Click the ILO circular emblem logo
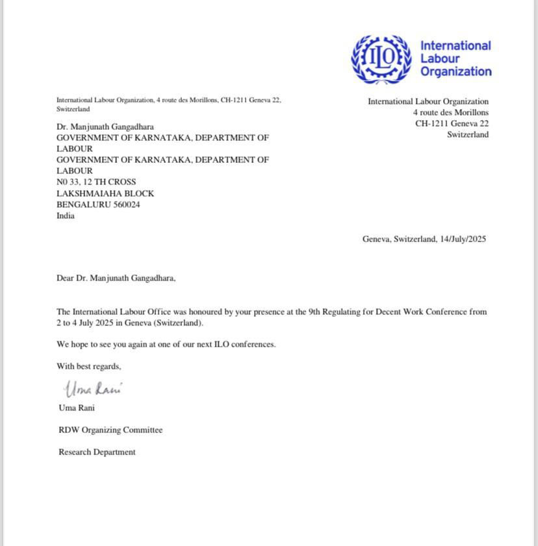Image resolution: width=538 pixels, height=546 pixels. [x=381, y=58]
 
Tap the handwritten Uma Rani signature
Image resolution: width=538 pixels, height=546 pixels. [x=94, y=389]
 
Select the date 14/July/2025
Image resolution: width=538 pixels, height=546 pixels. [x=463, y=239]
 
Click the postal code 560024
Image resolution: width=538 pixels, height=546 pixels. [x=127, y=205]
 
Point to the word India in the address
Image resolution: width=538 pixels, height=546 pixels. [x=66, y=216]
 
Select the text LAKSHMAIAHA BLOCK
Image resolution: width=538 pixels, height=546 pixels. [x=105, y=193]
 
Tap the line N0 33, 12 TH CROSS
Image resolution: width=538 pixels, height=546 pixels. [x=96, y=182]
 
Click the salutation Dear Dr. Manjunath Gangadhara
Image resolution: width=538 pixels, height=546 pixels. [x=116, y=278]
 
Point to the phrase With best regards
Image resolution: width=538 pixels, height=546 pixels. [x=88, y=366]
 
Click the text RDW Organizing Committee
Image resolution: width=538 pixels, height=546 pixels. [x=110, y=430]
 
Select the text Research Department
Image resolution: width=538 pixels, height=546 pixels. [x=97, y=452]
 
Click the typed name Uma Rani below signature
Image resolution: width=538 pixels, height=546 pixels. [x=77, y=408]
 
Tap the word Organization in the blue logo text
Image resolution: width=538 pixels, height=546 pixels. [x=455, y=71]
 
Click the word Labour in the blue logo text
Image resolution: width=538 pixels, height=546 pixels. [x=440, y=58]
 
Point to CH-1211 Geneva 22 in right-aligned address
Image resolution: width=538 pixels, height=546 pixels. [x=452, y=123]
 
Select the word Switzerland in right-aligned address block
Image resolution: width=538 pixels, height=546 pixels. [x=467, y=134]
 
